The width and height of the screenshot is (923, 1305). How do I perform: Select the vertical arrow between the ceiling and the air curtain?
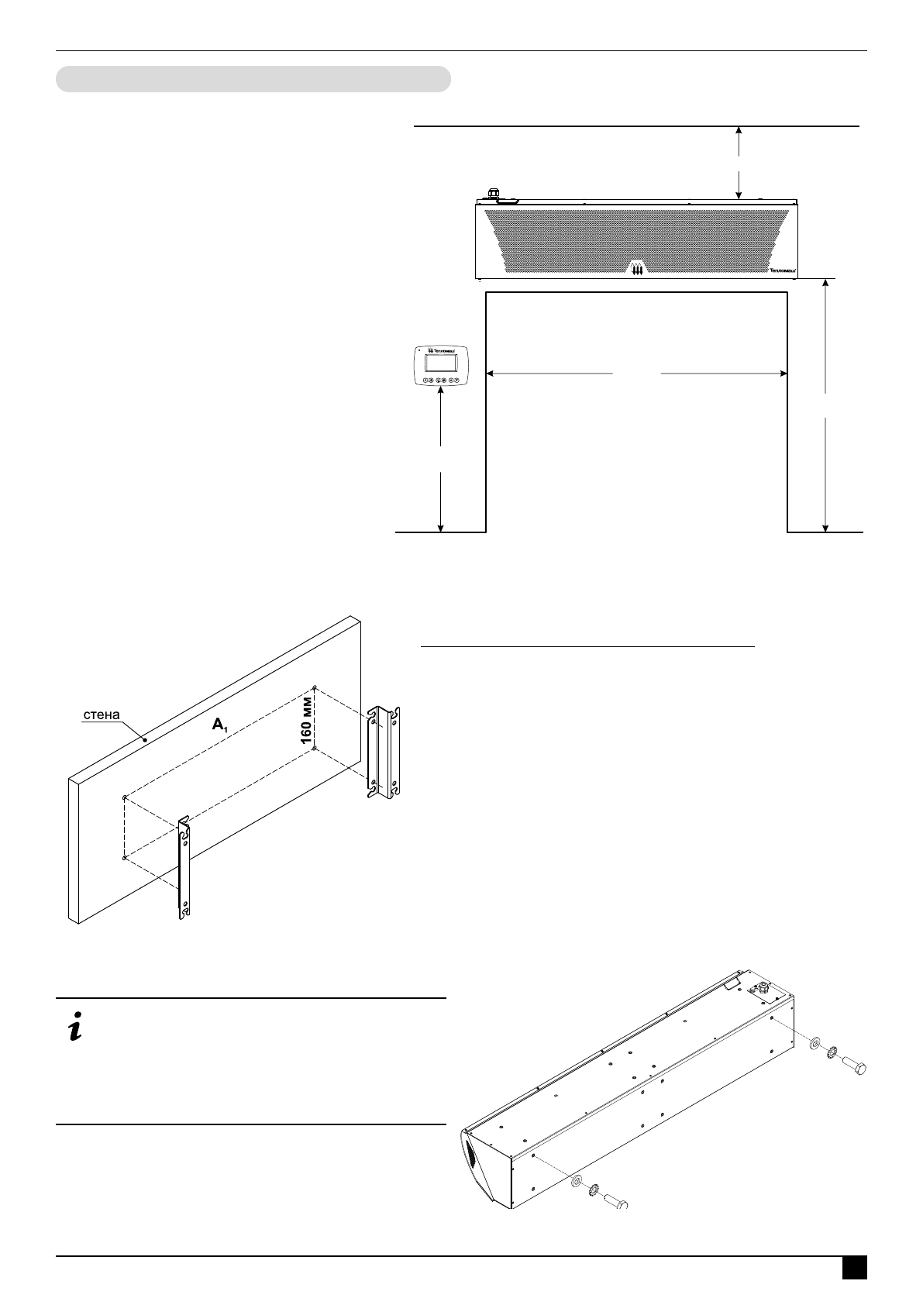739,164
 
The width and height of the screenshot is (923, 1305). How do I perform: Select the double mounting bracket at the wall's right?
384,751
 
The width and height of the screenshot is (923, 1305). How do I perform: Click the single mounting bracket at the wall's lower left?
184,868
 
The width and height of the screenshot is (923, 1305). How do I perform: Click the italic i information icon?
76,1028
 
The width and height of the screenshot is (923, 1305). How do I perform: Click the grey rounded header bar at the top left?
253,79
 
